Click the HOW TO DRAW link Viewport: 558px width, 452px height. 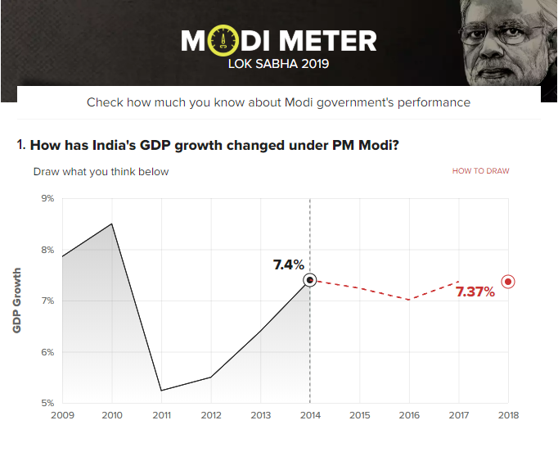point(480,171)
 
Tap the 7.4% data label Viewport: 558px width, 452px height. point(288,264)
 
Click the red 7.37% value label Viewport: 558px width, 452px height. point(475,292)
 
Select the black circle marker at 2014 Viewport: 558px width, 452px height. point(309,280)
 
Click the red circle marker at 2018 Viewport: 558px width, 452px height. point(508,282)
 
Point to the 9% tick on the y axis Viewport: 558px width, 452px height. point(47,198)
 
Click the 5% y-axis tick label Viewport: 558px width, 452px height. point(47,403)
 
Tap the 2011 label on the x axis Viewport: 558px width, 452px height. point(162,416)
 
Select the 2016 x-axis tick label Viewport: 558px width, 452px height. point(409,416)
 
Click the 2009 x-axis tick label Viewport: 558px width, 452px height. point(62,416)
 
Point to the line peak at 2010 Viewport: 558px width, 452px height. point(112,224)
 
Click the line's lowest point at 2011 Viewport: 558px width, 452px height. point(162,390)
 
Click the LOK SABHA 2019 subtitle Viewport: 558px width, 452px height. point(278,63)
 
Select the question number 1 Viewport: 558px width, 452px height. point(20,145)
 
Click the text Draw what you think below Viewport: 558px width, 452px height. point(101,172)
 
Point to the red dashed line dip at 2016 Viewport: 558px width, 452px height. point(409,300)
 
